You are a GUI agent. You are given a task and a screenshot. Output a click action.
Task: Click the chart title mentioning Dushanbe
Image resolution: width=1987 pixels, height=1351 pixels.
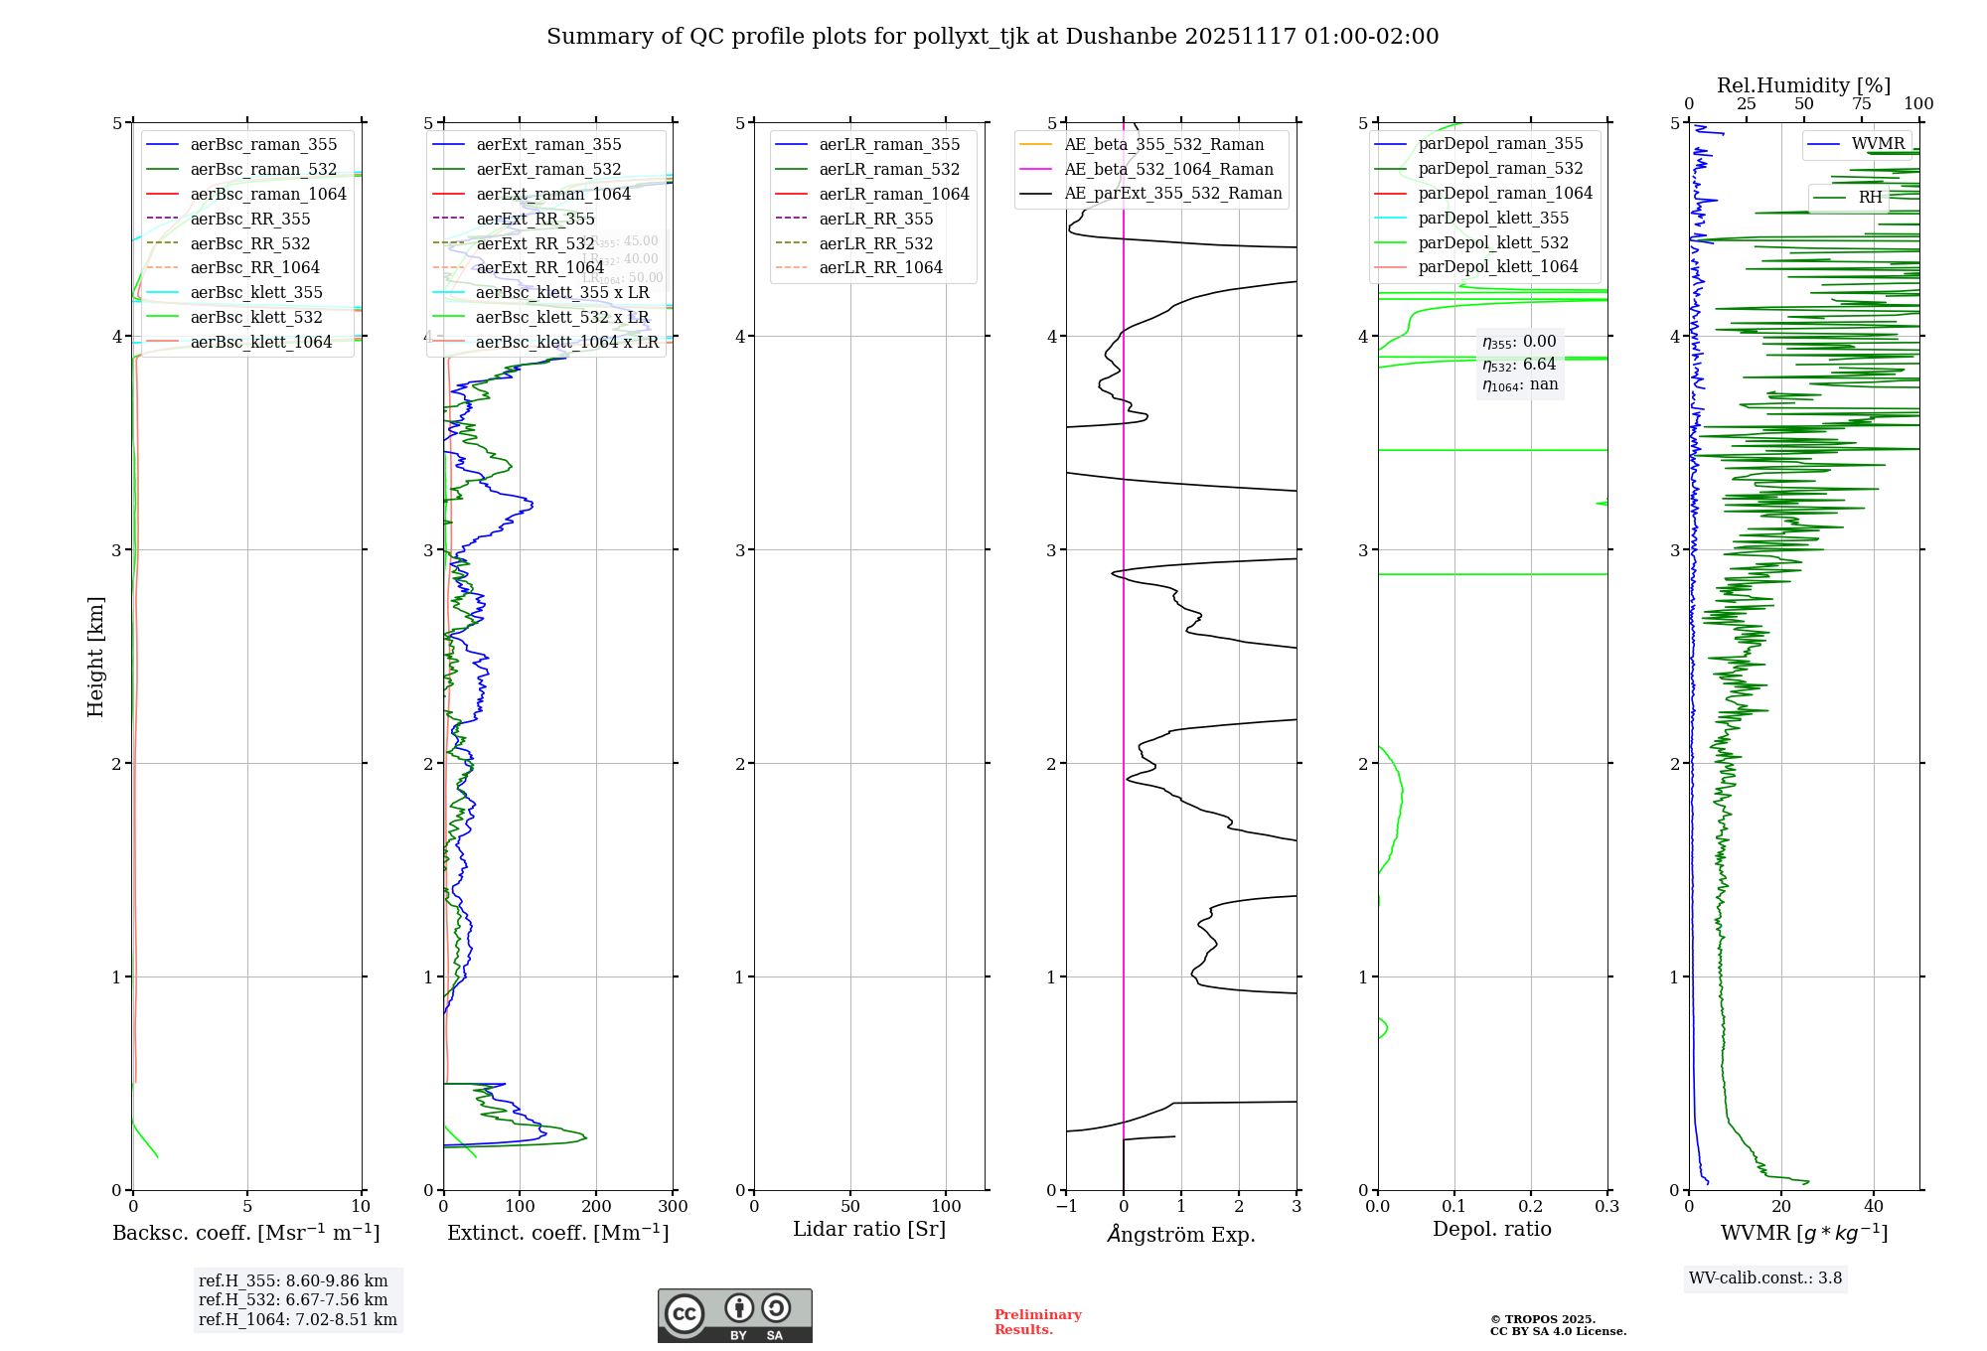993,37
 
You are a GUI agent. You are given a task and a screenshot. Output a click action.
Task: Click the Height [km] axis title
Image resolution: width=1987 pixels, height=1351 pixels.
95,657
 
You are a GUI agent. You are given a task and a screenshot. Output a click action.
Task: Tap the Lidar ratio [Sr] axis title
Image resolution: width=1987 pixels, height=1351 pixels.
869,1229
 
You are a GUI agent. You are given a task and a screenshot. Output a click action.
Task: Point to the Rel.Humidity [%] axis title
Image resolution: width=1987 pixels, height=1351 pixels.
1803,85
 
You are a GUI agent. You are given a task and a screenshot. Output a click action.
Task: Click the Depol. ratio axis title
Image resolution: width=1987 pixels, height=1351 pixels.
1491,1229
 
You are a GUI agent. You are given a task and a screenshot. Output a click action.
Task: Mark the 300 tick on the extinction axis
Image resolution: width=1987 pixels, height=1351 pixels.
673,1207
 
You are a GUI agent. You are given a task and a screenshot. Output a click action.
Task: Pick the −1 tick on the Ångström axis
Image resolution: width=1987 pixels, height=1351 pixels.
1066,1207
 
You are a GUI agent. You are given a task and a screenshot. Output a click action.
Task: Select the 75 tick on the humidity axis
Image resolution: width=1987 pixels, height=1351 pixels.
1861,104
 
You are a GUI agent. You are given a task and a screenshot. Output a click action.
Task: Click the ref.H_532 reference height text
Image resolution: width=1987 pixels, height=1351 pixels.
293,1300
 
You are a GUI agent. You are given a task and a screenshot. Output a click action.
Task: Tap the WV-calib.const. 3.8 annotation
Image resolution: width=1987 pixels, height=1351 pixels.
1765,1278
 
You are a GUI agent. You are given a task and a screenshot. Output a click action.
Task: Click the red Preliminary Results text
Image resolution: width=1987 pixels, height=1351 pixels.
1037,1322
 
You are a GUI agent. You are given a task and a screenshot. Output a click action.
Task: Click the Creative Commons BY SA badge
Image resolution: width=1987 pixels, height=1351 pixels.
734,1315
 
